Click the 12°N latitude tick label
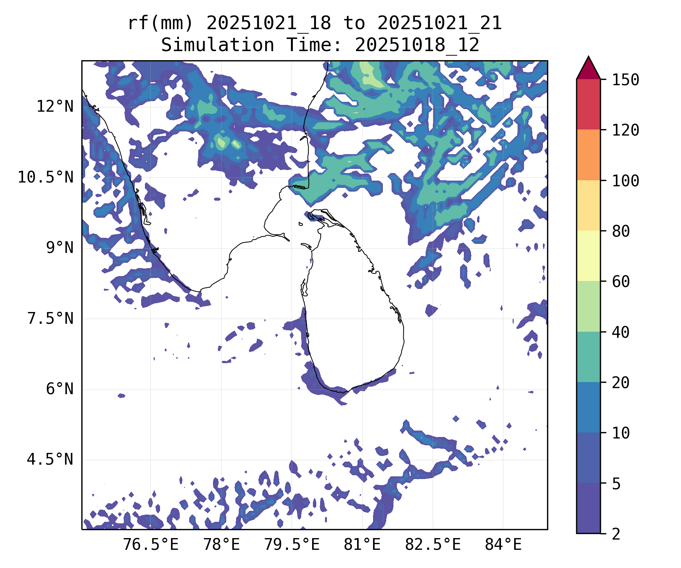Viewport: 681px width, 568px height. (x=55, y=107)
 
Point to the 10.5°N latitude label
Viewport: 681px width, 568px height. (x=46, y=177)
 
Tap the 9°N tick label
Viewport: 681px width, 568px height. (x=60, y=248)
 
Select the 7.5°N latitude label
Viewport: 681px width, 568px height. (x=50, y=319)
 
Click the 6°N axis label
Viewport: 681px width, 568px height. (x=60, y=389)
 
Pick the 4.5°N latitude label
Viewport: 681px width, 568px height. (x=50, y=460)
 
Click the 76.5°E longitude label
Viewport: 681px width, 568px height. (x=151, y=545)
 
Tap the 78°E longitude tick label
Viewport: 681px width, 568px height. (x=222, y=545)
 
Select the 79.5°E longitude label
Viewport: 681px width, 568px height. (x=292, y=545)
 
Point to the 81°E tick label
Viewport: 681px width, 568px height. (x=362, y=545)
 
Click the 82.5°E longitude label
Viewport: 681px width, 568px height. (x=433, y=545)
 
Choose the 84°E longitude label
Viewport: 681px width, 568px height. (x=504, y=545)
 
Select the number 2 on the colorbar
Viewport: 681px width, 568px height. (x=616, y=534)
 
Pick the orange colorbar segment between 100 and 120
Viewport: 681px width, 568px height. (x=588, y=155)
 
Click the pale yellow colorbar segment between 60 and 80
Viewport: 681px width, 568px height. (x=588, y=256)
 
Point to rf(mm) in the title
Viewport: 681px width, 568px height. (x=160, y=23)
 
